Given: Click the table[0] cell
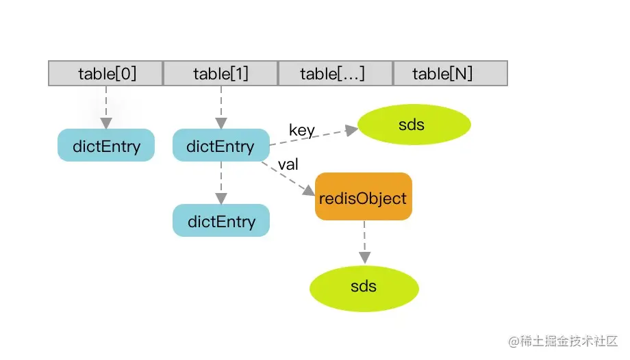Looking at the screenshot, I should coord(105,73).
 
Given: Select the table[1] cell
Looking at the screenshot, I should coord(220,73).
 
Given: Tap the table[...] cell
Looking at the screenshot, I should coord(335,73).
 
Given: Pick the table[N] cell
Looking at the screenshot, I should coord(450,73).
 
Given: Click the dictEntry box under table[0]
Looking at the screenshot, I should coord(106,146).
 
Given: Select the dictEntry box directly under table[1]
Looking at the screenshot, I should coord(220,146).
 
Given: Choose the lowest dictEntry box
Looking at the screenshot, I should coord(220,221).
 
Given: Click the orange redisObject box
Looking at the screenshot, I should coord(363,197).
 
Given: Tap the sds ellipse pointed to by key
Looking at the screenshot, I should coord(415,125).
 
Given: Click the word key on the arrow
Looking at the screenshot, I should coord(302,129).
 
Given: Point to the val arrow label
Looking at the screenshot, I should coord(288,165).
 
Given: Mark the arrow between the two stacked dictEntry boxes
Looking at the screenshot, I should coord(220,182).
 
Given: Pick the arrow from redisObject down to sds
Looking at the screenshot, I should coord(364,242).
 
